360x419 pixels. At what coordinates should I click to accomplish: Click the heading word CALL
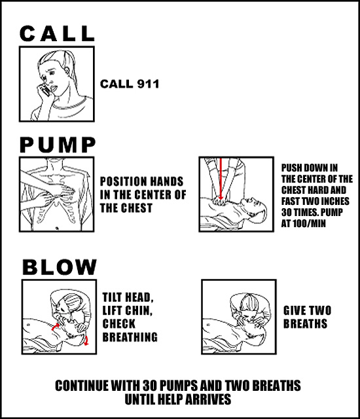[x=57, y=33]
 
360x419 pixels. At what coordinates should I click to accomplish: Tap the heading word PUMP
[x=58, y=145]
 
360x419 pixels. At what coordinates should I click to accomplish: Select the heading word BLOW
[x=60, y=266]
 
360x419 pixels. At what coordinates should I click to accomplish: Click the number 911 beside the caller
[x=148, y=84]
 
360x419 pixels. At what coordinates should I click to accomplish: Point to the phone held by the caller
[x=45, y=90]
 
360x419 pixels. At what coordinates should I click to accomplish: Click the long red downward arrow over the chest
[x=221, y=179]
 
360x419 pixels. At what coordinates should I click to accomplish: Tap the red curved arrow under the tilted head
[x=86, y=340]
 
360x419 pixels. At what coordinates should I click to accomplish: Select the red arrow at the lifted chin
[x=55, y=327]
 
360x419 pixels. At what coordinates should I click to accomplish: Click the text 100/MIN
[x=309, y=223]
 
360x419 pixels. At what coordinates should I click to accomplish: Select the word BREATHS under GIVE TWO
[x=305, y=323]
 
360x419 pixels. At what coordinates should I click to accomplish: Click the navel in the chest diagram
[x=57, y=228]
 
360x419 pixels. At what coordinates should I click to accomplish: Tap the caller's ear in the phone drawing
[x=67, y=72]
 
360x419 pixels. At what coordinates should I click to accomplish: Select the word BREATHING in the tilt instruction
[x=130, y=337]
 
